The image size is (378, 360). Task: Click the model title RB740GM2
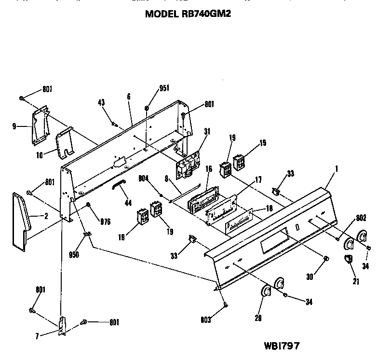pos(188,14)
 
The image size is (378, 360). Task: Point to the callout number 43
pos(101,103)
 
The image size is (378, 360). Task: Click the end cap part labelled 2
pos(20,220)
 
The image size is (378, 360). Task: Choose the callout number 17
pos(258,180)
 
